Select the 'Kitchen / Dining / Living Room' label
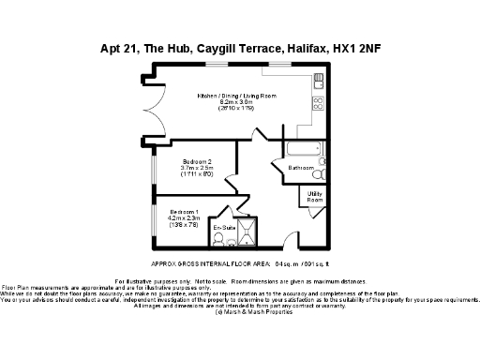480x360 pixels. [236, 97]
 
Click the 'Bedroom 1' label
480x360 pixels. [184, 211]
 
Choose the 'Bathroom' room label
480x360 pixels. [301, 168]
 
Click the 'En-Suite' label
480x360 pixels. [223, 229]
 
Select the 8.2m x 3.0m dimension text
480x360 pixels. [236, 103]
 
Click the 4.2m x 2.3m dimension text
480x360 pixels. [184, 217]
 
